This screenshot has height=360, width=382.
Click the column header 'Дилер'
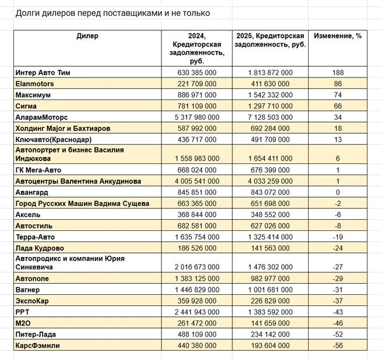[87, 36]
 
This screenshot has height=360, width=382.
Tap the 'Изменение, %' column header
[338, 36]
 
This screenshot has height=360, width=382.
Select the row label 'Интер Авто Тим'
[43, 73]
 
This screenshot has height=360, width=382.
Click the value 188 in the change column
[338, 73]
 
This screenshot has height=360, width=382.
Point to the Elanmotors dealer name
[34, 84]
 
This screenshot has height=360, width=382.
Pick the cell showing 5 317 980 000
[197, 117]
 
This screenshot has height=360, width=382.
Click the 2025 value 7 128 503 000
[270, 117]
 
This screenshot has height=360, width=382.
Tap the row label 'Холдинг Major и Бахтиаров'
[63, 129]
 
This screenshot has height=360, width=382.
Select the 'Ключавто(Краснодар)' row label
[54, 140]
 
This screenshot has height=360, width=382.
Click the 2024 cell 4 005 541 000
[197, 181]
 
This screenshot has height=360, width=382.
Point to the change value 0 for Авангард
[338, 193]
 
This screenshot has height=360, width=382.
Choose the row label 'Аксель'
[28, 215]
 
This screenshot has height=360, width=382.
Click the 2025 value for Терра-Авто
[270, 237]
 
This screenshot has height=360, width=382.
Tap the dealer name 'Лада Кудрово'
[40, 248]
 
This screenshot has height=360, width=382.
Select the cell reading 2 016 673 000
[197, 267]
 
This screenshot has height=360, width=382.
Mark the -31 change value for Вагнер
[338, 290]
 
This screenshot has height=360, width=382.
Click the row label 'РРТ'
[22, 312]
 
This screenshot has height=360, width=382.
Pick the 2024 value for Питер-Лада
[197, 334]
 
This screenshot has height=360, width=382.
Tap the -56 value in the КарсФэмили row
[338, 345]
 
